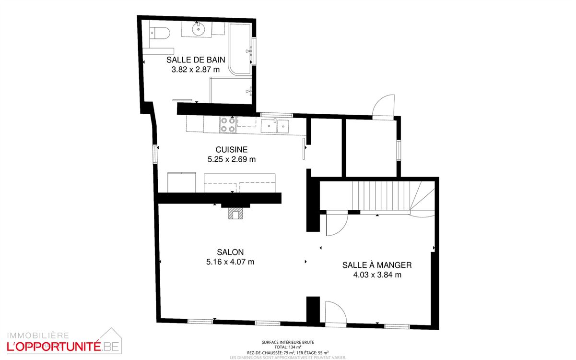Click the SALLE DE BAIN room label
196,60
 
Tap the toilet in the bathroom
160,33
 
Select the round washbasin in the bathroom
199,30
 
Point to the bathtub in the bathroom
240,49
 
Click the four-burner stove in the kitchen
228,125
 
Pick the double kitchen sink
275,126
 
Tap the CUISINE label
232,149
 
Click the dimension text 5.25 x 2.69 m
232,159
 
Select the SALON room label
230,252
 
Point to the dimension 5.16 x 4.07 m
230,262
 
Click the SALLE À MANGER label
377,265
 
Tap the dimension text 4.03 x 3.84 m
377,275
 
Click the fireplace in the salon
235,214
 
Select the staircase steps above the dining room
381,196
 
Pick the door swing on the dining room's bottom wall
336,314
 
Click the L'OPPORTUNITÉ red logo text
54,347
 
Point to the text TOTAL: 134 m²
288,347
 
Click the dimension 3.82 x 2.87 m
196,70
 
